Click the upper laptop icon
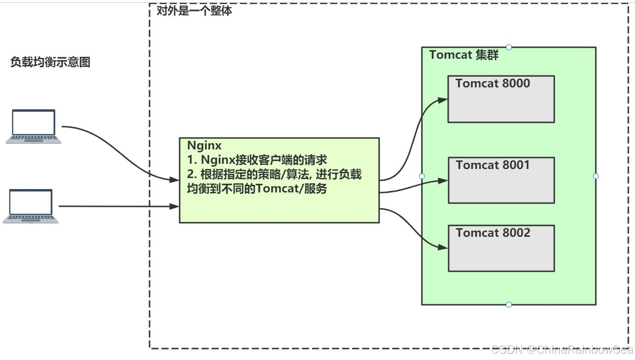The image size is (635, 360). click(x=33, y=126)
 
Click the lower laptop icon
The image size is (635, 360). click(x=31, y=206)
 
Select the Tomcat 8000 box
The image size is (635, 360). click(x=501, y=99)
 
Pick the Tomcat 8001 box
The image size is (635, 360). click(x=501, y=180)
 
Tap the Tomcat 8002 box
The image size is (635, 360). click(x=501, y=248)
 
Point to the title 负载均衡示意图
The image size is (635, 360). click(x=50, y=62)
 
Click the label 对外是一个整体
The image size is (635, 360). click(x=194, y=11)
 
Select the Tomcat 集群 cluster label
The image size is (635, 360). click(x=463, y=55)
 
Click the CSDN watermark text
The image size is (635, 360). click(x=562, y=351)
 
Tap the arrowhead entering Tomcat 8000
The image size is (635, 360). click(x=444, y=99)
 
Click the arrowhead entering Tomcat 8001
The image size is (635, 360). click(x=444, y=180)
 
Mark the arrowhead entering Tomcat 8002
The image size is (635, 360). click(x=444, y=248)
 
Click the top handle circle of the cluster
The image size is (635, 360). click(x=509, y=47)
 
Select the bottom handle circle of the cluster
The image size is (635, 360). click(x=509, y=305)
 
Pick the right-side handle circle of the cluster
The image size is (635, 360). click(x=596, y=176)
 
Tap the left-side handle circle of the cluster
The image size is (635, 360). click(x=422, y=176)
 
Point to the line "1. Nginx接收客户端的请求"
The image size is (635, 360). click(x=257, y=160)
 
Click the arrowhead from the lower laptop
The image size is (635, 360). click(x=175, y=206)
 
